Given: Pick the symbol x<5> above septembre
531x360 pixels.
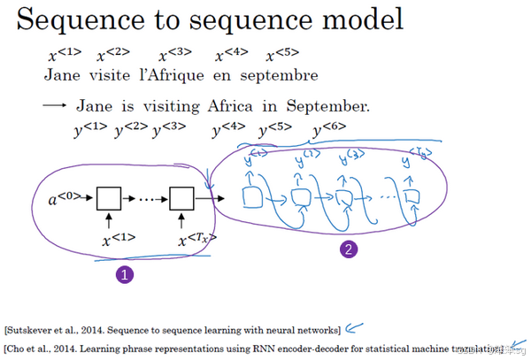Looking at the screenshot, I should click(x=281, y=56).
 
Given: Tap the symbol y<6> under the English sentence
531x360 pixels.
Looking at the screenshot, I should click(x=328, y=131).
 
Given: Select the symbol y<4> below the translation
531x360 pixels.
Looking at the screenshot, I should click(x=228, y=131).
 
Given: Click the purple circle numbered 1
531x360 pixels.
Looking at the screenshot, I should click(x=125, y=275).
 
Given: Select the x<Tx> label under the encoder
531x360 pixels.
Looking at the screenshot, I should click(x=196, y=238).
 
